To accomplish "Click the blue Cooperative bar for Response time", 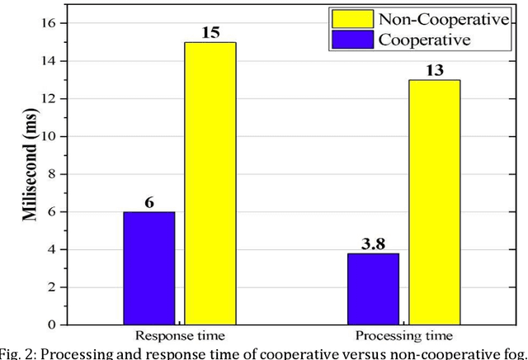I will click(149, 268).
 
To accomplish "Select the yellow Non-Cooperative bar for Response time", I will click(210, 183).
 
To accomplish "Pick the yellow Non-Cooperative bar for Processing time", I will click(435, 202).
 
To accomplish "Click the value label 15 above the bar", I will click(210, 32).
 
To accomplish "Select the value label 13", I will click(435, 70).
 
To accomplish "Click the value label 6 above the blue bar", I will click(150, 201).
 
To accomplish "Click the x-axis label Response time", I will click(181, 337).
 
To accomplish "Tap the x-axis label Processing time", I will click(403, 337).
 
